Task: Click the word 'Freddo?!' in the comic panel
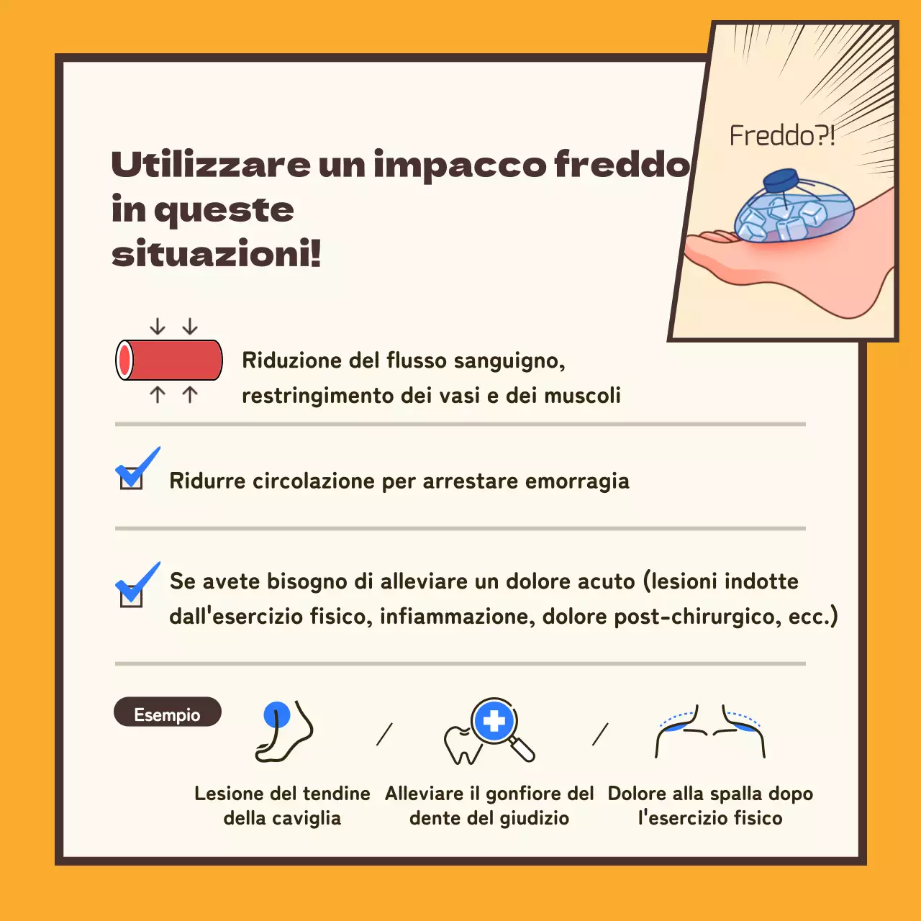(x=781, y=135)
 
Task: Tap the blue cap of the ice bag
(x=781, y=179)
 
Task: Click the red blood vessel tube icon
(x=170, y=360)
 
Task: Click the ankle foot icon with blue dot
(x=284, y=731)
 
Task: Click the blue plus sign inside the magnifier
(x=494, y=721)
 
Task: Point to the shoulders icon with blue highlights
(x=709, y=731)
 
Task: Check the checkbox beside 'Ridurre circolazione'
(x=131, y=478)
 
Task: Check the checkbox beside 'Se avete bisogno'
(x=131, y=594)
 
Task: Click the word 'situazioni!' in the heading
(x=216, y=254)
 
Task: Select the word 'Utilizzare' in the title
(x=211, y=165)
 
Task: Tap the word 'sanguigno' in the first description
(x=509, y=360)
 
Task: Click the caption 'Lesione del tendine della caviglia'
(x=282, y=805)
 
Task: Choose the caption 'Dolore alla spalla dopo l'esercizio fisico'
(x=710, y=805)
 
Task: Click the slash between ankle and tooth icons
(x=384, y=734)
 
